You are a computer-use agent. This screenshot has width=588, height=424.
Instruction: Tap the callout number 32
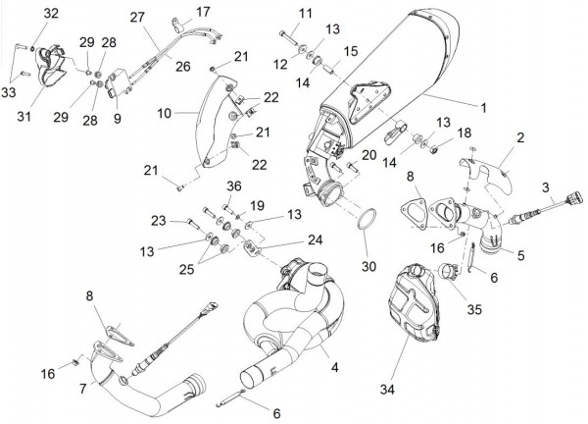50,13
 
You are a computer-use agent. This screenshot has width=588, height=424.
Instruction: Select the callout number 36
232,187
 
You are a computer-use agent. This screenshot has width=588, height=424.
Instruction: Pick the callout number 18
465,132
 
